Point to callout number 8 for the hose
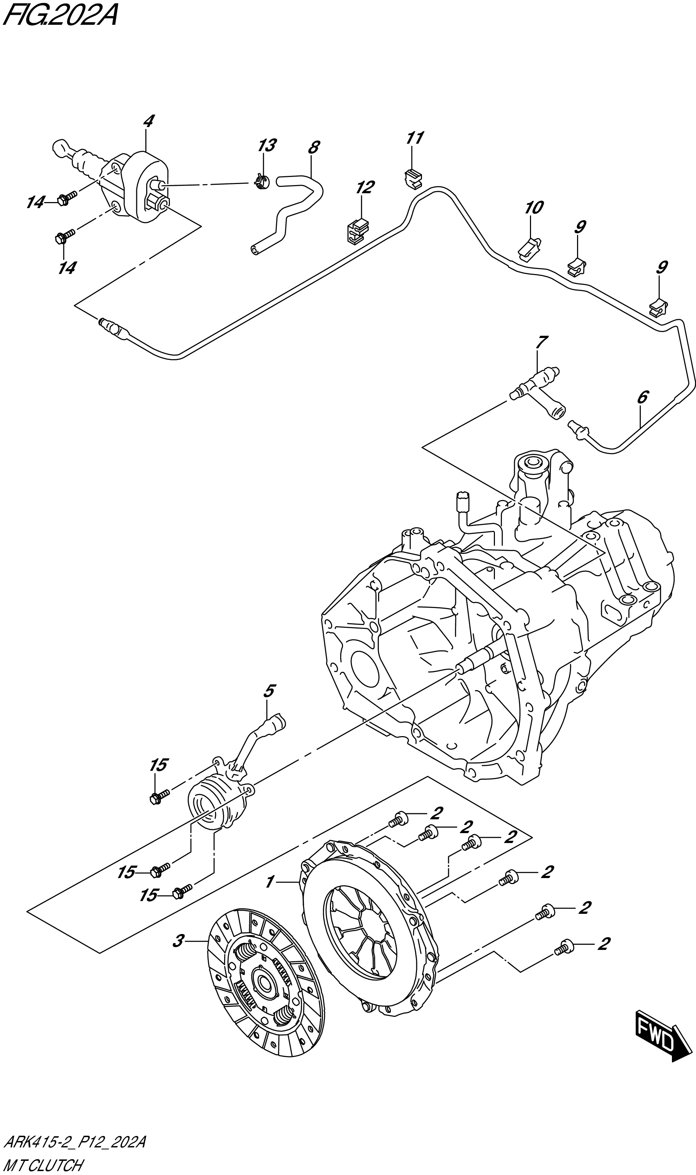(313, 147)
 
